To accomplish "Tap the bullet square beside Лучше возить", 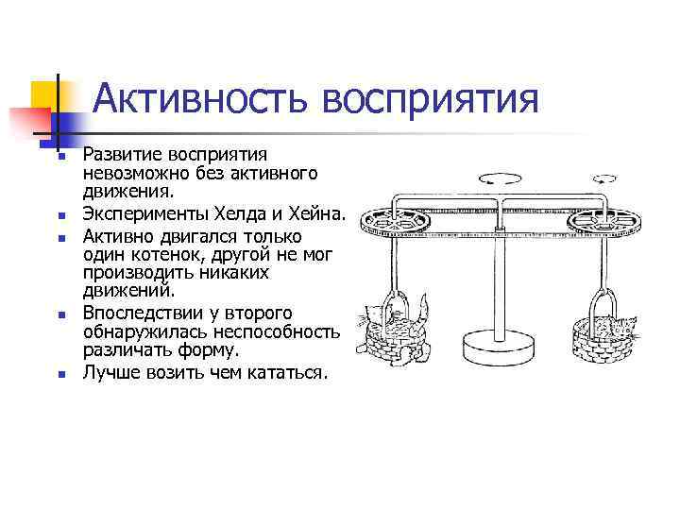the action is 59,374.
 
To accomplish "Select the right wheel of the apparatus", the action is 598,226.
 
